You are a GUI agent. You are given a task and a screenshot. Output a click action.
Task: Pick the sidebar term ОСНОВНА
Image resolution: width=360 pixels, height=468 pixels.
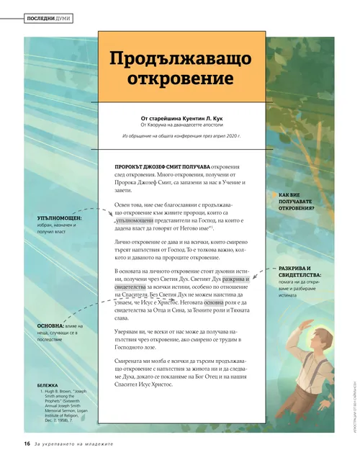(53, 326)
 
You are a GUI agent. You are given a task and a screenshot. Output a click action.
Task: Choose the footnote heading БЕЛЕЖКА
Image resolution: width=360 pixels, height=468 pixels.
(51, 385)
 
